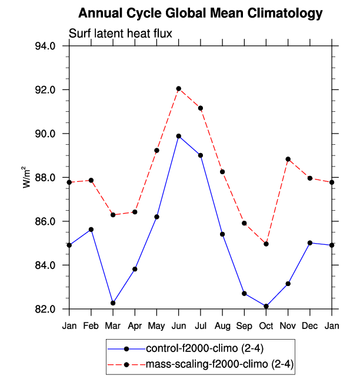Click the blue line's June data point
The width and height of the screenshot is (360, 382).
(179, 136)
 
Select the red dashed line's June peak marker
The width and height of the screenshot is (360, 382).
(179, 89)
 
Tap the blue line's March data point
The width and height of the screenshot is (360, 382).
(113, 303)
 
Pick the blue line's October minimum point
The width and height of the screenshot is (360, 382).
(266, 306)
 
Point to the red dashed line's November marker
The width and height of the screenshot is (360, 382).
(288, 159)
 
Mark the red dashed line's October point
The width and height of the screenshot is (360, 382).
(266, 244)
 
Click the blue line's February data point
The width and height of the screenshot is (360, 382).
(91, 230)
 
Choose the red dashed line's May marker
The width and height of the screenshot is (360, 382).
(157, 150)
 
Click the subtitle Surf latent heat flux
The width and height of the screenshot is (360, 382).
(121, 34)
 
